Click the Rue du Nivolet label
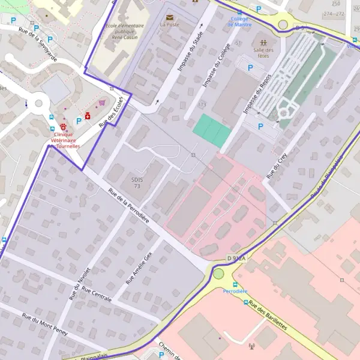pos(82,283)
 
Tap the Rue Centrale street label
pos(97,295)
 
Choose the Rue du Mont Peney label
pos(44,325)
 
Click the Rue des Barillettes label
pos(268,316)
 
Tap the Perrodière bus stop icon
pos(235,284)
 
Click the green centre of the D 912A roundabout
pos(218,274)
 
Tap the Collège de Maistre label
pos(241,22)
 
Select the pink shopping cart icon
pos(102,103)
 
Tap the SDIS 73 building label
pos(137,182)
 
